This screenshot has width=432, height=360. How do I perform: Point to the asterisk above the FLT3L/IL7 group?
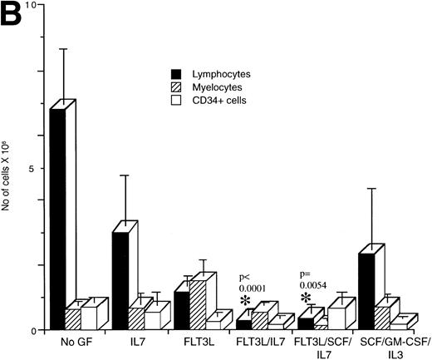point(245,300)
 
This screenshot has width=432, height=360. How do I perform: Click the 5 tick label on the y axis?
point(36,168)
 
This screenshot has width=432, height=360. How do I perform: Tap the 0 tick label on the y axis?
point(36,330)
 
